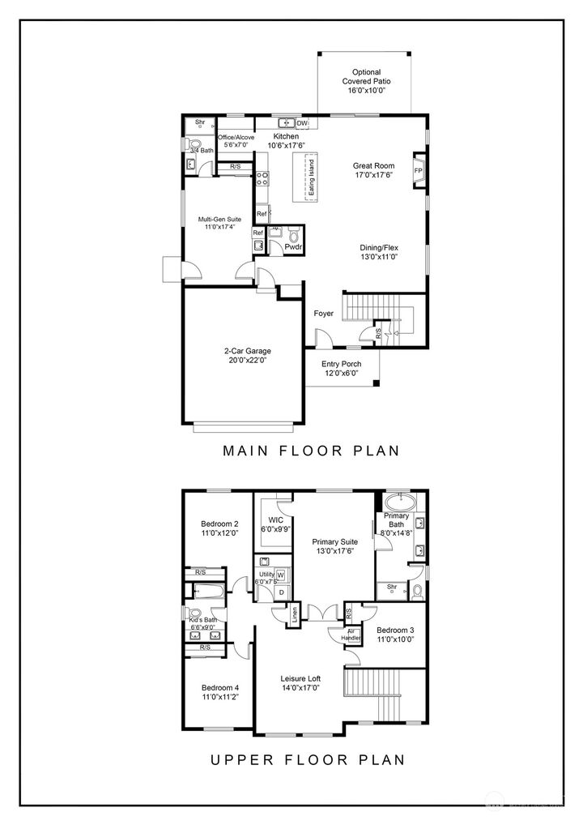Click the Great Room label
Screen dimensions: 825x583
pos(373,165)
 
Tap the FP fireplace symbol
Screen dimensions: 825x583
pos(419,171)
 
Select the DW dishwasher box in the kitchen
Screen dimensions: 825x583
pos(302,123)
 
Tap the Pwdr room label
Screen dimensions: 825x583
pos(292,246)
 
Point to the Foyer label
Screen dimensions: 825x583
pos(324,313)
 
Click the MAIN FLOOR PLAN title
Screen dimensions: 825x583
pos(311,451)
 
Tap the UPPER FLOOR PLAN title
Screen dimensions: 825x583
pos(307,759)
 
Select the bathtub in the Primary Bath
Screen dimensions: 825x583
pos(400,500)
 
